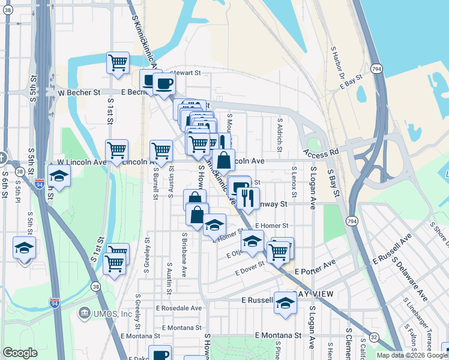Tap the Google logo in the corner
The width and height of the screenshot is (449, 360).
click(x=20, y=353)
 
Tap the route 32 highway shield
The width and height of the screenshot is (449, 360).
click(x=374, y=337)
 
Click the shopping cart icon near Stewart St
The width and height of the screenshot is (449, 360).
click(x=118, y=62)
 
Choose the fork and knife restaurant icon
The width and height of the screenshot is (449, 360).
click(x=247, y=197)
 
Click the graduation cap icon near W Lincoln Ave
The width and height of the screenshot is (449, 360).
click(x=59, y=176)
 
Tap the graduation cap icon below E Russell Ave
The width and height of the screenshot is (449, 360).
click(x=285, y=303)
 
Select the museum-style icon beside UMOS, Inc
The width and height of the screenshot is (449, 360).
click(x=84, y=314)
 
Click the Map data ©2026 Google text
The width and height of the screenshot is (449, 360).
click(x=412, y=355)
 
